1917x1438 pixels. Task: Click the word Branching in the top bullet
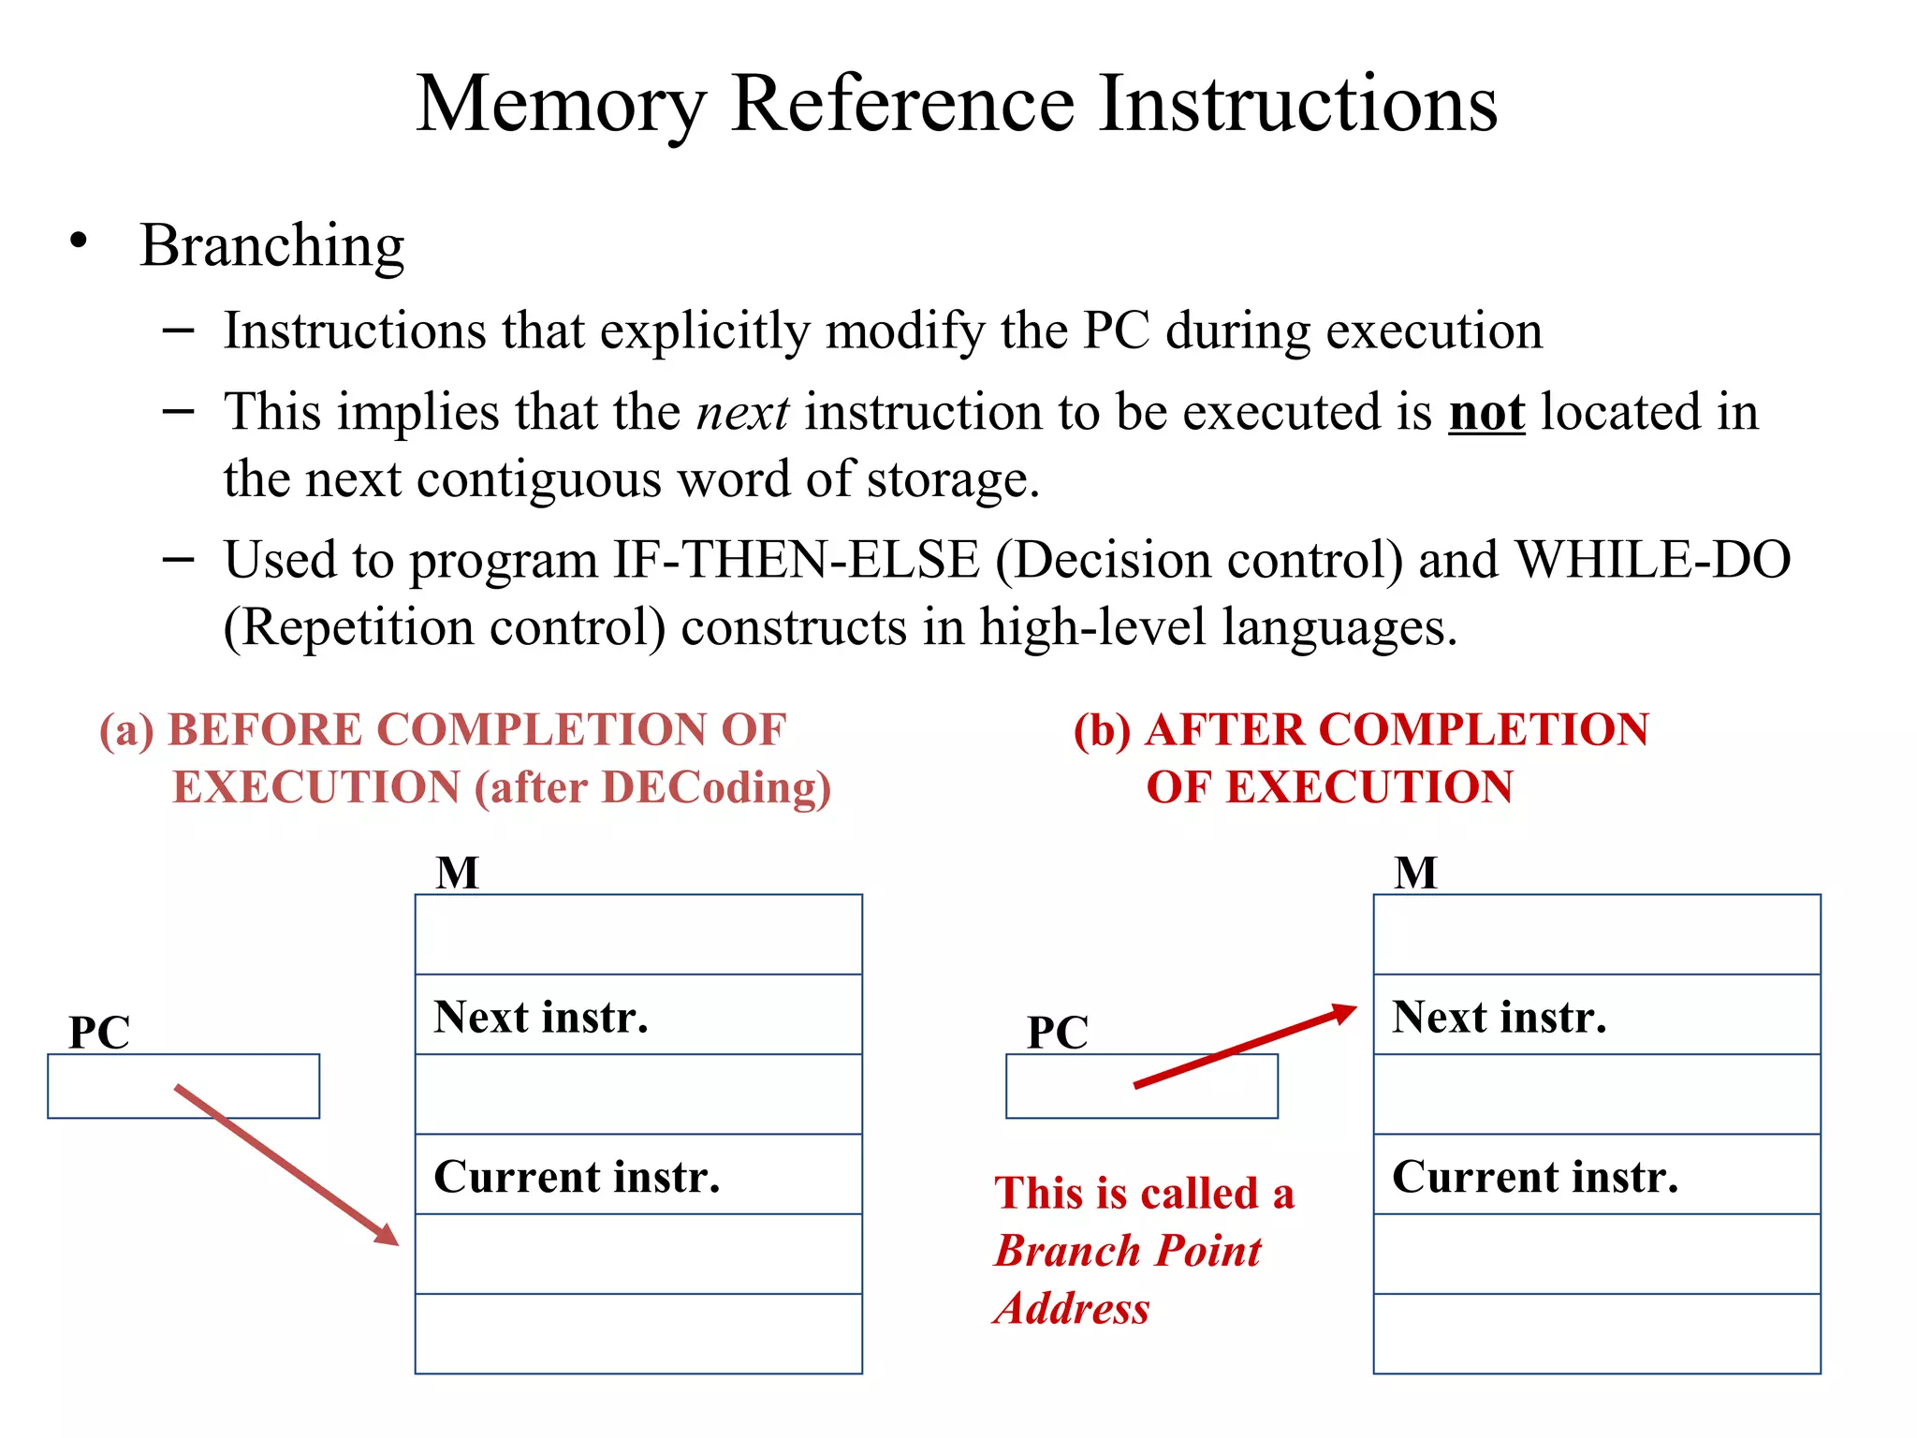271,246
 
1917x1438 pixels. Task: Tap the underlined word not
1486,413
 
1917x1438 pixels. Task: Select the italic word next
742,413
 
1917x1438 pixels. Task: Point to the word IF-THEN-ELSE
796,560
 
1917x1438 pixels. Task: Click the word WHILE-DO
1652,560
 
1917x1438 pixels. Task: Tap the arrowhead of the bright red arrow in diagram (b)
1345,1012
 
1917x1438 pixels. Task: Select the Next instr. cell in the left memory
638,1015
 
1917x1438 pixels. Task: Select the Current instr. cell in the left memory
638,1175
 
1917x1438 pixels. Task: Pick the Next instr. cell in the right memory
1597,1015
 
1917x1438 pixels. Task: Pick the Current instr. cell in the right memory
1597,1175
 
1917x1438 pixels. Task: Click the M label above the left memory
458,873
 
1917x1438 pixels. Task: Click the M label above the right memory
1415,873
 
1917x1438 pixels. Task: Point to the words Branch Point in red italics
1128,1251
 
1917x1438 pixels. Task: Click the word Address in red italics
1073,1308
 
